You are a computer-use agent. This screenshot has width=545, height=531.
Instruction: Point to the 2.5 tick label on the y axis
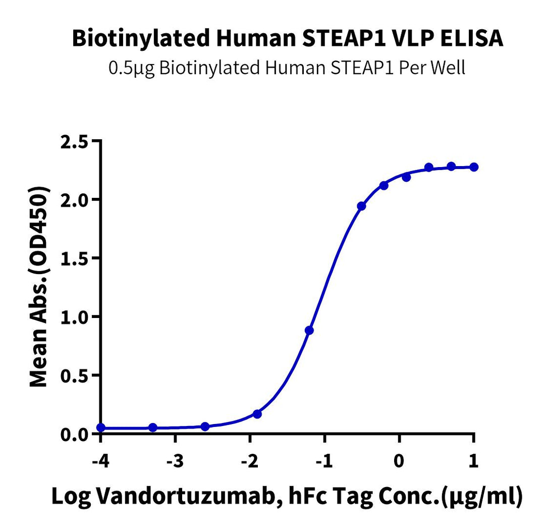pyautogui.click(x=74, y=141)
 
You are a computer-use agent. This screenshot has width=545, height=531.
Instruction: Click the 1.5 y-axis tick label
pyautogui.click(x=74, y=258)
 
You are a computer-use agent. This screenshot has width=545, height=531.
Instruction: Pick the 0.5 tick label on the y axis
pyautogui.click(x=74, y=376)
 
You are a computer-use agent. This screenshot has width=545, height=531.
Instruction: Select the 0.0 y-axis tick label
pyautogui.click(x=74, y=434)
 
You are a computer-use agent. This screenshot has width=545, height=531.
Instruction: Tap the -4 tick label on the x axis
pyautogui.click(x=100, y=461)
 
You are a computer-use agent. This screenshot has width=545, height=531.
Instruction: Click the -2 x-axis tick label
pyautogui.click(x=249, y=461)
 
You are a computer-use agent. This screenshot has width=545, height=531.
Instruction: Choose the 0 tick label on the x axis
pyautogui.click(x=399, y=461)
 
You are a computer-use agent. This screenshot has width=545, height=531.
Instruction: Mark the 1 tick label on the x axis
pyautogui.click(x=474, y=461)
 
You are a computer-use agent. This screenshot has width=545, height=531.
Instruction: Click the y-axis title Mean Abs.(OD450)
pyautogui.click(x=39, y=288)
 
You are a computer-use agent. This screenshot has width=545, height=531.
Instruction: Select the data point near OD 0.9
pyautogui.click(x=309, y=330)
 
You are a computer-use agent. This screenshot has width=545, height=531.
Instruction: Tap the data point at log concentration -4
pyautogui.click(x=101, y=428)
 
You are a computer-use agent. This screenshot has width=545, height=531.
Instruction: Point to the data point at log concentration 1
pyautogui.click(x=474, y=167)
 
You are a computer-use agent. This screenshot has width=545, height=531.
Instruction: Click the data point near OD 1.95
pyautogui.click(x=361, y=206)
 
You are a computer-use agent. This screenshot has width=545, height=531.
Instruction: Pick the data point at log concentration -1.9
pyautogui.click(x=257, y=414)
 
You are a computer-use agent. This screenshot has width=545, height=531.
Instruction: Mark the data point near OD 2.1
pyautogui.click(x=384, y=185)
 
